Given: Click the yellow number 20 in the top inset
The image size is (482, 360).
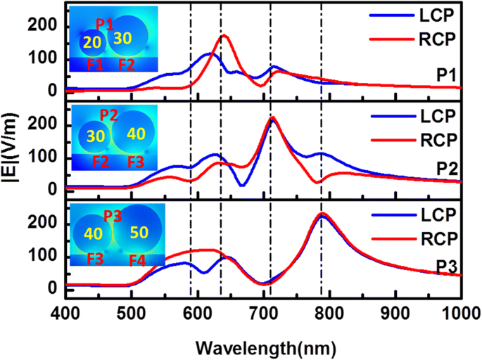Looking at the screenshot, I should [92, 43].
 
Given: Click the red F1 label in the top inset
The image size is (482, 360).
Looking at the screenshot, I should [94, 65].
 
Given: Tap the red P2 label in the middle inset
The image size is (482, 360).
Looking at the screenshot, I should [109, 115].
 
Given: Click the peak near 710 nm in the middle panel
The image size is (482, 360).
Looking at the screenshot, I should [272, 118].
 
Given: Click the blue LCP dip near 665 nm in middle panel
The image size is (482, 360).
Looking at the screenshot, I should [242, 186].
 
